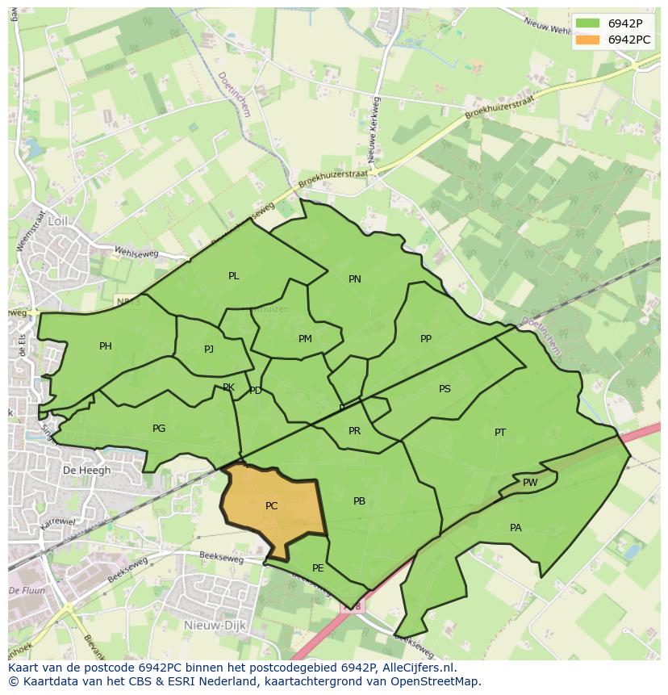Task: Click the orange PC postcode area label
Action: pyautogui.click(x=271, y=506)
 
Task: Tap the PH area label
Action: pyautogui.click(x=106, y=346)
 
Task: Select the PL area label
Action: pyautogui.click(x=233, y=276)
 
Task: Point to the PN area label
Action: pyautogui.click(x=354, y=279)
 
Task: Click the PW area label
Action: pyautogui.click(x=530, y=483)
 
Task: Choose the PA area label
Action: pyautogui.click(x=516, y=528)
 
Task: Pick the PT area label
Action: pyautogui.click(x=500, y=433)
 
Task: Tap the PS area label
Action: pyautogui.click(x=445, y=389)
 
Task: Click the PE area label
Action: pyautogui.click(x=318, y=568)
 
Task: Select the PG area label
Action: pyautogui.click(x=159, y=429)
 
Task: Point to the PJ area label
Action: pyautogui.click(x=209, y=350)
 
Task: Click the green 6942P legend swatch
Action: pyautogui.click(x=587, y=23)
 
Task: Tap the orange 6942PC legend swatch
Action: pyautogui.click(x=587, y=40)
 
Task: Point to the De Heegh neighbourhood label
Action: pyautogui.click(x=81, y=470)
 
